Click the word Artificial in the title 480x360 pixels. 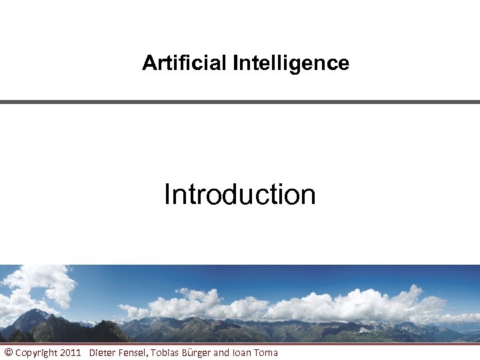[185, 63]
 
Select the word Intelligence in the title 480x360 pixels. [291, 63]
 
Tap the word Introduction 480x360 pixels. [239, 195]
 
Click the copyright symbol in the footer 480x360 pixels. [8, 353]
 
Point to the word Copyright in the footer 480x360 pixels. [36, 353]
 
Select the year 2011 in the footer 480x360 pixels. [71, 353]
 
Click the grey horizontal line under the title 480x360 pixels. [240, 102]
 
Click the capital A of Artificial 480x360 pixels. [148, 63]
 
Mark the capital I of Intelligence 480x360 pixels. [235, 63]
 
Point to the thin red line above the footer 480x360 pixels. [240, 344]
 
